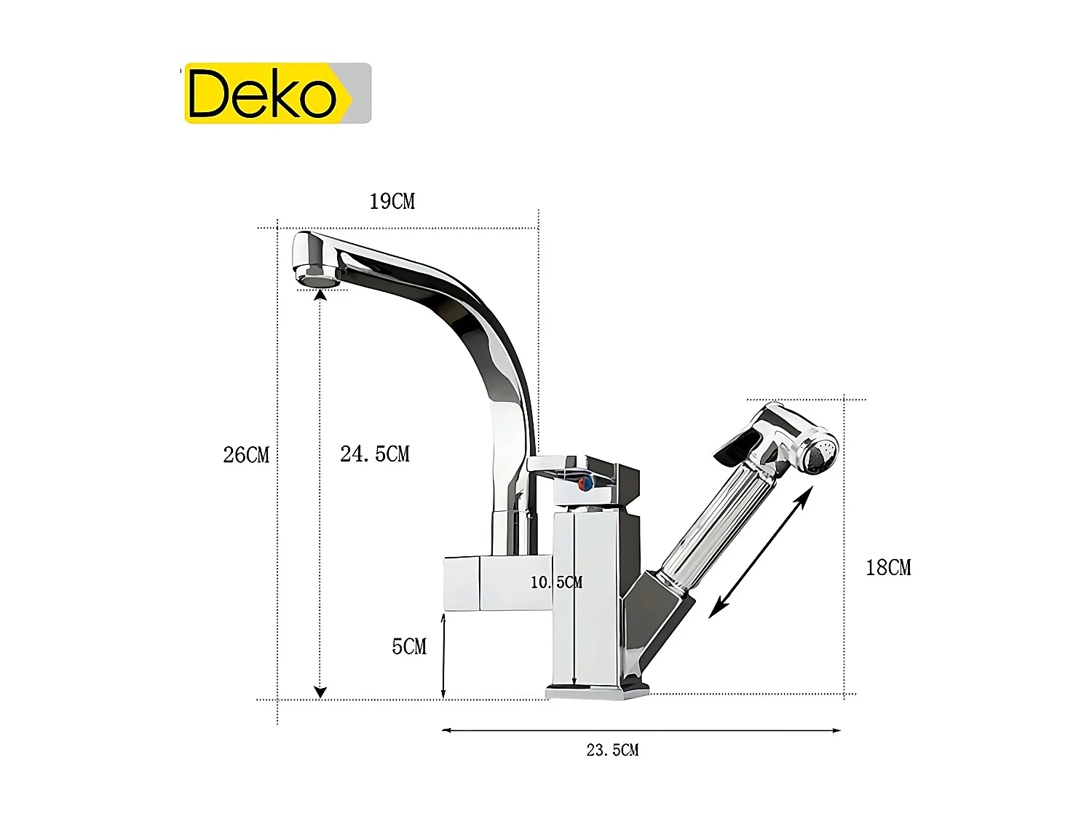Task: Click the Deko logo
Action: [277, 93]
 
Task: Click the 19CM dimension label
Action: [392, 202]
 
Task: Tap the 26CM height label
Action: [246, 455]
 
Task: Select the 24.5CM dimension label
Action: [375, 454]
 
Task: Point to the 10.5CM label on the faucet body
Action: [556, 582]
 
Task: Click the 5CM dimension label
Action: [409, 646]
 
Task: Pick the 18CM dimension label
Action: [887, 568]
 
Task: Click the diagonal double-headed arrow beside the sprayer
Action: [761, 553]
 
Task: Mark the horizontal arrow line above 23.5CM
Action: [641, 730]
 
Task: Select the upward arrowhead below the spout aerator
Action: [320, 294]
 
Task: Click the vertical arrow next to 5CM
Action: [443, 655]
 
